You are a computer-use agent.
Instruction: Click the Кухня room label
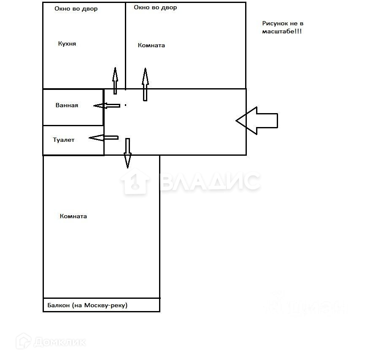click(67, 44)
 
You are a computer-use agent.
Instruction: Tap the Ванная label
click(67, 106)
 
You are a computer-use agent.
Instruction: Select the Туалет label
click(64, 140)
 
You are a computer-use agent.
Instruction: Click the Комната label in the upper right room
click(151, 46)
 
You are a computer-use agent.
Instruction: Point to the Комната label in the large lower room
click(73, 217)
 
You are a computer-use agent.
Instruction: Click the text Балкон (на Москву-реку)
click(87, 305)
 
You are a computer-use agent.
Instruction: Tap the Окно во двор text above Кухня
click(76, 9)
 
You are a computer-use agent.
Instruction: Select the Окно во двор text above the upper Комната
click(155, 8)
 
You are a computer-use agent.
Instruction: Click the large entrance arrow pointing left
click(257, 121)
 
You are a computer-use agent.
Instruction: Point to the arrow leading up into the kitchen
click(115, 80)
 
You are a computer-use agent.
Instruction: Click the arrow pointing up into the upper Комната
click(145, 84)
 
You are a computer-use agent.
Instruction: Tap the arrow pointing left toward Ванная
click(106, 106)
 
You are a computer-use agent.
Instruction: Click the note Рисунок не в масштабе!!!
click(282, 28)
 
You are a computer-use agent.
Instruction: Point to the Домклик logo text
click(59, 341)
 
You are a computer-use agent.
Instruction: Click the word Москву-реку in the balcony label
click(105, 305)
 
